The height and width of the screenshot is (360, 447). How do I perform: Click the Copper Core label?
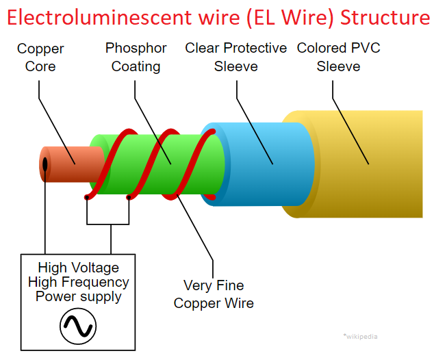(40, 57)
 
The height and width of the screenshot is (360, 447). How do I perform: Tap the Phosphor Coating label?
(136, 57)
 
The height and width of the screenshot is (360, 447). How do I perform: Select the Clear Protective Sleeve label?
(235, 57)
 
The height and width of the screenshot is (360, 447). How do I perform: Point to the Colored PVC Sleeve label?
(338, 57)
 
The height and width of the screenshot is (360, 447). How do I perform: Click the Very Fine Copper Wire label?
(214, 294)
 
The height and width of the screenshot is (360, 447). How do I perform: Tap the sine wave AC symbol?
(78, 326)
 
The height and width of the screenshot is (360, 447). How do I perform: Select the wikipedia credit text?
(360, 336)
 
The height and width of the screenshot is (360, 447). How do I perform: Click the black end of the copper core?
(45, 165)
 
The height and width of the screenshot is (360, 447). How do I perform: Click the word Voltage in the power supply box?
(94, 268)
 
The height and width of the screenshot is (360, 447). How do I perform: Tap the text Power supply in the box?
(78, 296)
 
